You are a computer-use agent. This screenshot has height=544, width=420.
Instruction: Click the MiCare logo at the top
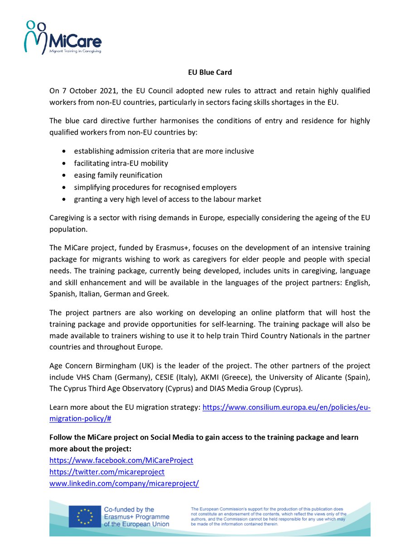[x=63, y=38]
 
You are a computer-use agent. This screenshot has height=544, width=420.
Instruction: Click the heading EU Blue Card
[x=210, y=72]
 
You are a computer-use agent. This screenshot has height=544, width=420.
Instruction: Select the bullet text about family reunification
[x=118, y=175]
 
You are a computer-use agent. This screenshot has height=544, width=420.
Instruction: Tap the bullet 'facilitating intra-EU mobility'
[x=121, y=163]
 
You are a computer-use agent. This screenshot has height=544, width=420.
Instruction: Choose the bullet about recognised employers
[x=155, y=187]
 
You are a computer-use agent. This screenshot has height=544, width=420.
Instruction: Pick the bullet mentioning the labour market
[x=167, y=199]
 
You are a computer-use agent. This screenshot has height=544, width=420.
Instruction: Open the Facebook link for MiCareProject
[x=121, y=460]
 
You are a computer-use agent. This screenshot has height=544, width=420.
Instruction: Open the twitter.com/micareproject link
[x=107, y=472]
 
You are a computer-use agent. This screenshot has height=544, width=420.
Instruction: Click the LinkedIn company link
[x=124, y=484]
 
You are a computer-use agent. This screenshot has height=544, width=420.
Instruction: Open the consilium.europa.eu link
[x=286, y=408]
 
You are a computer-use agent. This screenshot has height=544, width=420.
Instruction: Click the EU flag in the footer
[x=85, y=516]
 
